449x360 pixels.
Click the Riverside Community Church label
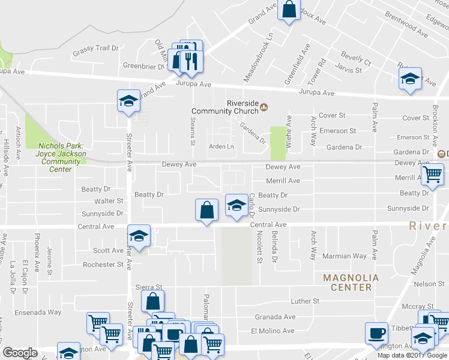(224, 107)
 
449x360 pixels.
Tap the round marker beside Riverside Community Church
(264, 107)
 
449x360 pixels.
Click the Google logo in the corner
(20, 353)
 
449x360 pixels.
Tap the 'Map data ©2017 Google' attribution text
(412, 355)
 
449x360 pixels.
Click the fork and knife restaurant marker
(191, 60)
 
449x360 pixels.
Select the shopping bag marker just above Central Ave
(206, 211)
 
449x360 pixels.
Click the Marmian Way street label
(343, 256)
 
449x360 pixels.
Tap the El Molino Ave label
(273, 331)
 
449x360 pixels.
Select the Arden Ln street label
(221, 146)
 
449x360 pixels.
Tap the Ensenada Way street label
(38, 312)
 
